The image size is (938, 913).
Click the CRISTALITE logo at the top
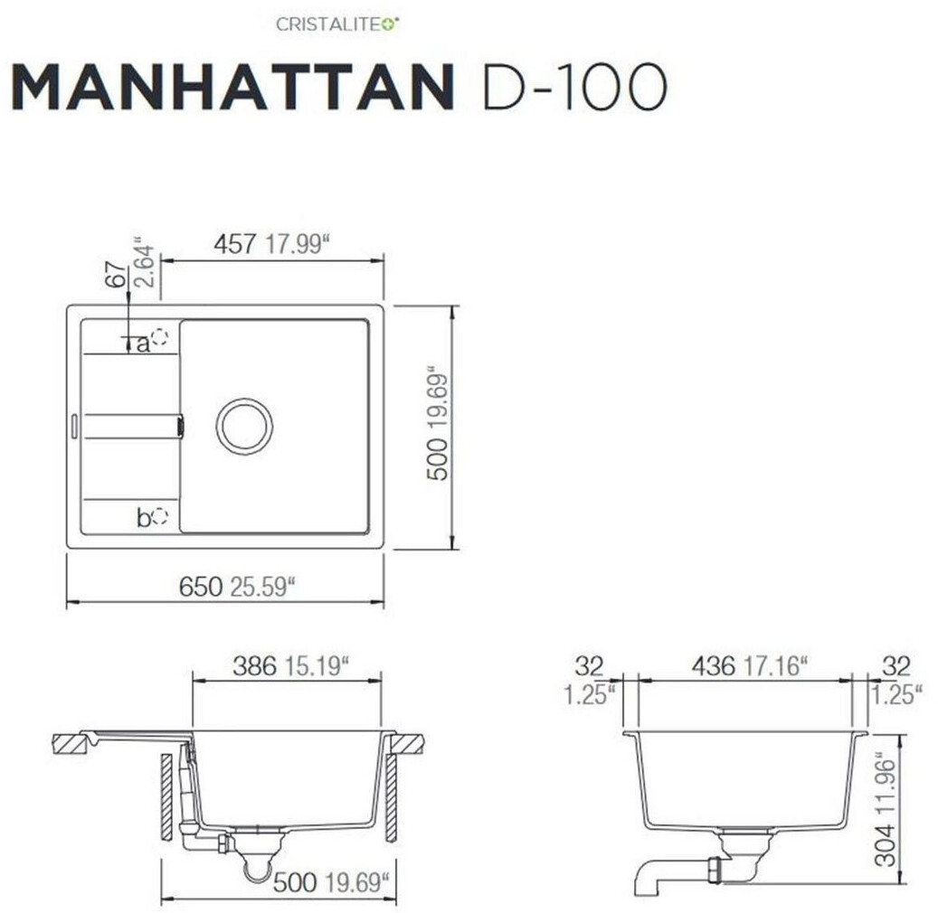click(x=338, y=24)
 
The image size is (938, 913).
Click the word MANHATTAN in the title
click(x=232, y=88)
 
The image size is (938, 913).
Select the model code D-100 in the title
click(x=574, y=88)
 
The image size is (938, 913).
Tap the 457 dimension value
click(x=235, y=244)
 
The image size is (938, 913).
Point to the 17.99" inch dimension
click(x=298, y=244)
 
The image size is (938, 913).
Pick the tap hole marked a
click(x=160, y=338)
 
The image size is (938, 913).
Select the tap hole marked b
click(x=160, y=516)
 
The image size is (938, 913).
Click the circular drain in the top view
click(x=244, y=426)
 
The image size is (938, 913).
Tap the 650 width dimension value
click(x=201, y=587)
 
